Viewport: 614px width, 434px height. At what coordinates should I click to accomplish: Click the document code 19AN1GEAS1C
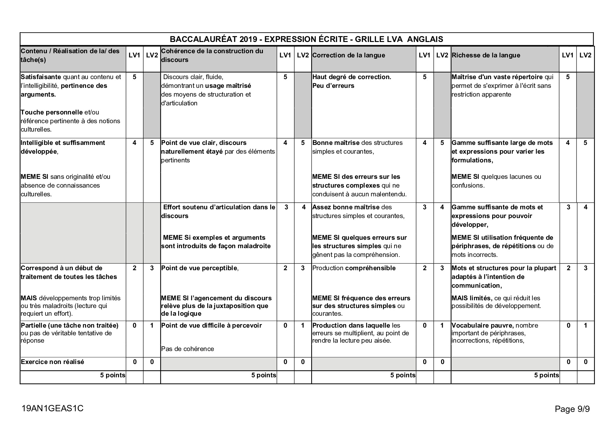tap(52, 408)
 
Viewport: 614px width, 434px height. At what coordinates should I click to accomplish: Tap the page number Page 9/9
tap(572, 409)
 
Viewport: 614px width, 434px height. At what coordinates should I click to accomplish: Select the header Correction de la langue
tap(348, 55)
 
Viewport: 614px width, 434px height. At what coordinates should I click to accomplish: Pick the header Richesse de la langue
tap(486, 55)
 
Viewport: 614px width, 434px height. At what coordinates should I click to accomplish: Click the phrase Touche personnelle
tap(52, 112)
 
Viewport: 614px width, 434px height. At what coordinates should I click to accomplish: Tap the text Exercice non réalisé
tap(53, 362)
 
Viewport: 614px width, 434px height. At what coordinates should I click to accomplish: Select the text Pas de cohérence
tap(187, 349)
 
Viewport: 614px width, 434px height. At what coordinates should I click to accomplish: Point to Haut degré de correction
tap(351, 77)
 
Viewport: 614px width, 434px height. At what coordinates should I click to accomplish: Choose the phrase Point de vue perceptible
tap(199, 268)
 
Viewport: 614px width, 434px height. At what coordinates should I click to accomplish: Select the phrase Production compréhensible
tap(354, 268)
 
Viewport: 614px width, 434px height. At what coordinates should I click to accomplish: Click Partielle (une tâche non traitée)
tap(69, 325)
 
